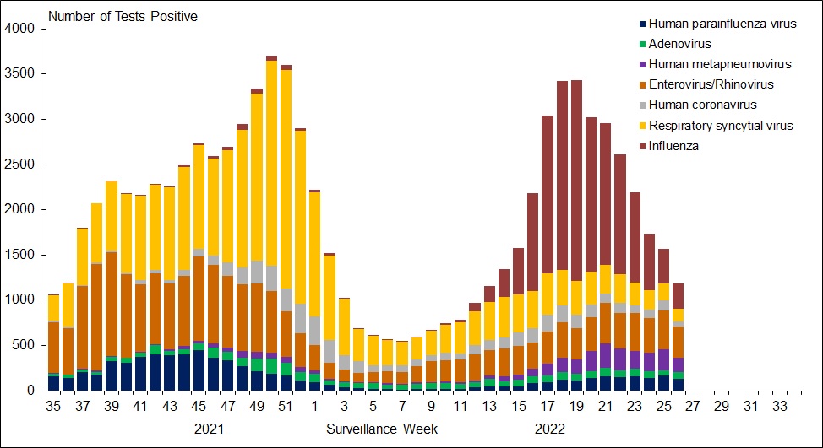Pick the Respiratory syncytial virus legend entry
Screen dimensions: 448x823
point(715,125)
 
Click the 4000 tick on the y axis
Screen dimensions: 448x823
point(19,29)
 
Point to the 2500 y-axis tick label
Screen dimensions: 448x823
point(19,165)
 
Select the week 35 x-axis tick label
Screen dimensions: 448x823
point(53,406)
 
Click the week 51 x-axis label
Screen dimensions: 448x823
point(286,406)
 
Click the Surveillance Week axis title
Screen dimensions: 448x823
point(382,429)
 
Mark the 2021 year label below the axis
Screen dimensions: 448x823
point(210,429)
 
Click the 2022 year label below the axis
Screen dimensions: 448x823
point(550,429)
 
